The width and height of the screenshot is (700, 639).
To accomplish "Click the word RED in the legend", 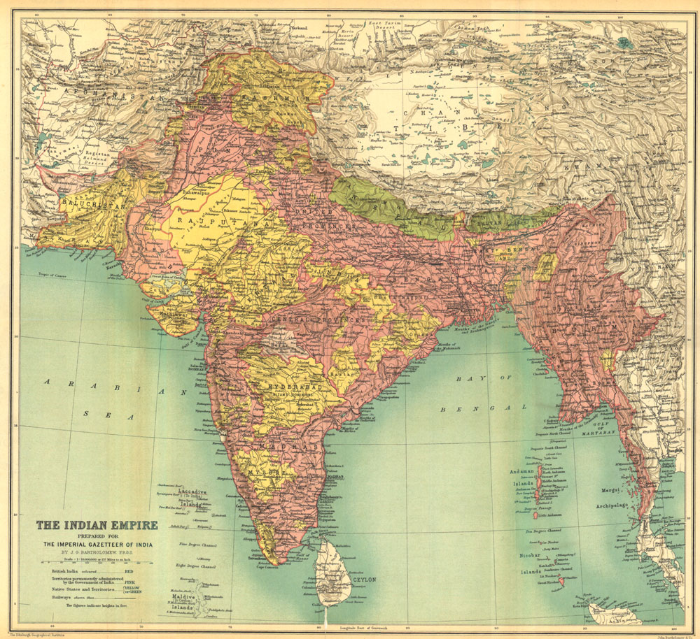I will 128,571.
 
